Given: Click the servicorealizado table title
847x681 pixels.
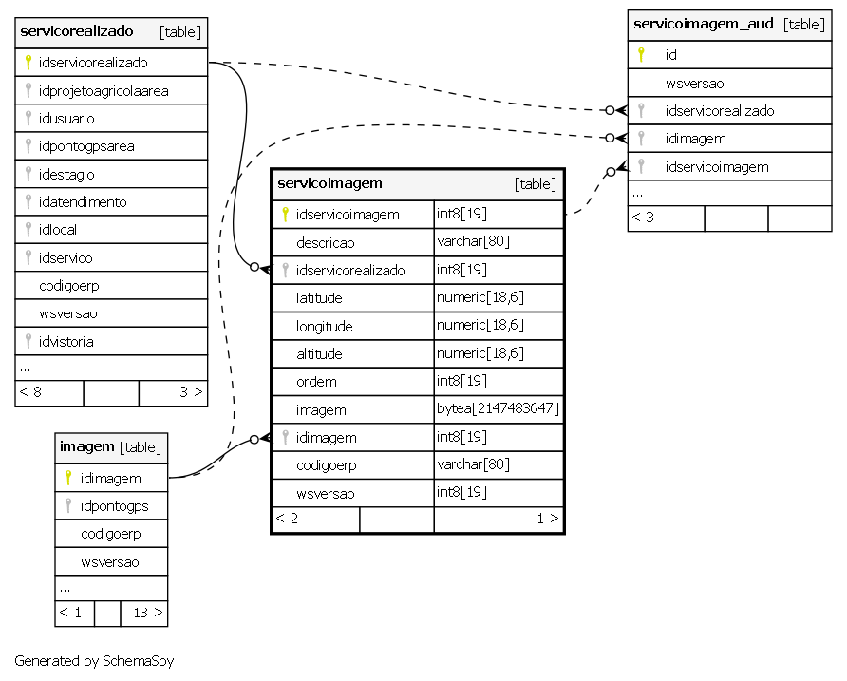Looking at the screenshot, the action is [x=77, y=31].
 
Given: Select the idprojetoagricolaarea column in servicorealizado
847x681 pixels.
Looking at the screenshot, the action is [x=104, y=91].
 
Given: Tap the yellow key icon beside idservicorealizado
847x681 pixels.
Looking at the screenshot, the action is [x=28, y=62].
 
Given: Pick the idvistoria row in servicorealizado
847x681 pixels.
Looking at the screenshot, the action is [x=66, y=342].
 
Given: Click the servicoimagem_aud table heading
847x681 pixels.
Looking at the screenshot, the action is [x=704, y=24].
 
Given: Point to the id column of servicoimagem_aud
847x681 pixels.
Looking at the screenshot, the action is [x=671, y=54].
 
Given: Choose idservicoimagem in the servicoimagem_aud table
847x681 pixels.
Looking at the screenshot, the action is [x=717, y=167].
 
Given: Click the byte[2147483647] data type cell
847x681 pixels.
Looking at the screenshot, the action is [x=499, y=408].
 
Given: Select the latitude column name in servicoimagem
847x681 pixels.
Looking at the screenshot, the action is [x=319, y=298].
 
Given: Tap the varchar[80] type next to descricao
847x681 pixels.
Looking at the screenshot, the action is [x=473, y=241].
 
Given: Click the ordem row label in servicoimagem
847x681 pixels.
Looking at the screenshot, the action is [x=316, y=382].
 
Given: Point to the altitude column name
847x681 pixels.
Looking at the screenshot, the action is [x=319, y=354].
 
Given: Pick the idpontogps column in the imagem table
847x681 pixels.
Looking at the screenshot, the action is [x=115, y=506].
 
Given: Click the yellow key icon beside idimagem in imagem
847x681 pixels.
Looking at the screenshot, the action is [x=68, y=478].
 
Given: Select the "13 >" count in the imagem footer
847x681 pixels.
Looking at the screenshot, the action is [x=148, y=613].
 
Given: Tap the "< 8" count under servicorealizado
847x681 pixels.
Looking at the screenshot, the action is [x=30, y=392].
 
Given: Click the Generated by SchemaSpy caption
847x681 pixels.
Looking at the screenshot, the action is [x=94, y=661].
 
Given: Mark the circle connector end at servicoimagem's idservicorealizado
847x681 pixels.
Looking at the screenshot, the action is [x=254, y=267].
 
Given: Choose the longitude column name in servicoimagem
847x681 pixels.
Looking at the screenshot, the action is [x=324, y=327].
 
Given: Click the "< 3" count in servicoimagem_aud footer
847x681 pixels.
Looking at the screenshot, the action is [x=643, y=218].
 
